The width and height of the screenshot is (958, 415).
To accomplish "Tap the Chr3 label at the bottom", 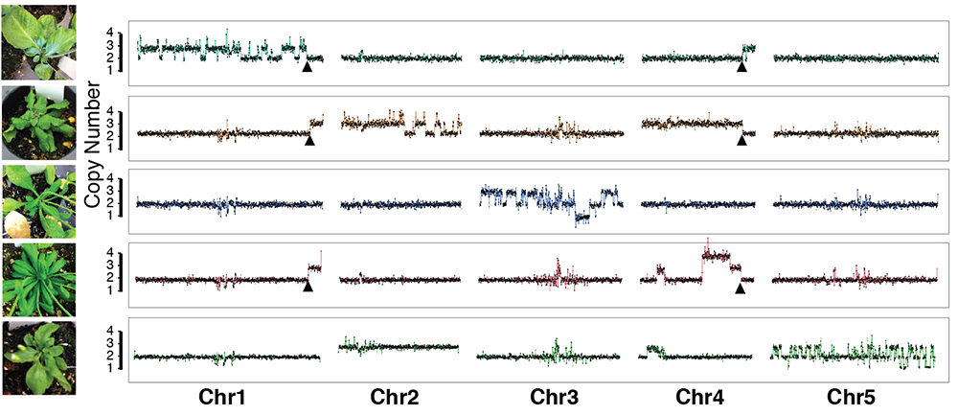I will tap(549, 397).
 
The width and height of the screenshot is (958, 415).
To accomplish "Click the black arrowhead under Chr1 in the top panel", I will tap(307, 67).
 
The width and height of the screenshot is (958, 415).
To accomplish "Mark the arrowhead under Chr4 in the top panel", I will tap(741, 66).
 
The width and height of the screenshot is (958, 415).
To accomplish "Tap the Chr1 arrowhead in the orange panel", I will tap(308, 140).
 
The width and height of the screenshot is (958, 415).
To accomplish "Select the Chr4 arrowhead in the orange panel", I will tap(741, 140).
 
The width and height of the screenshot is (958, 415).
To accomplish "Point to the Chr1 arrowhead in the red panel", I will tap(308, 286).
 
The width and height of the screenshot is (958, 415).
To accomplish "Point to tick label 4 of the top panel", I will tap(112, 33).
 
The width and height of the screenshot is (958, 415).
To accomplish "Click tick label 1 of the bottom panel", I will tap(112, 368).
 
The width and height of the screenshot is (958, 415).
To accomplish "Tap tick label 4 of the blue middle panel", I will tap(112, 178).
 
